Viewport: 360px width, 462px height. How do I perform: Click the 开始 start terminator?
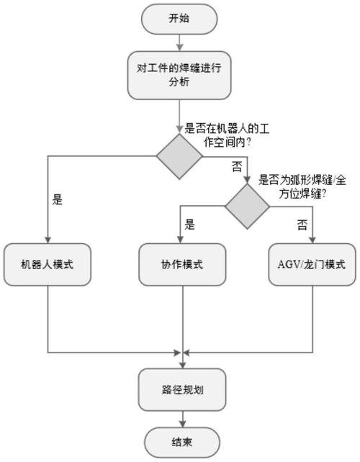tap(181, 19)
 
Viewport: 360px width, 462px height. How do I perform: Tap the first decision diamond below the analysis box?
tap(181, 155)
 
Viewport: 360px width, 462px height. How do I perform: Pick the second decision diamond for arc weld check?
tap(247, 206)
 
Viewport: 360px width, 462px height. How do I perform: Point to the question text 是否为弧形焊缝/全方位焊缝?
tap(292, 187)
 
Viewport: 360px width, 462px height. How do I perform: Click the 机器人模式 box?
tap(48, 264)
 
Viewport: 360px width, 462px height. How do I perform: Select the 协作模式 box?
tap(181, 264)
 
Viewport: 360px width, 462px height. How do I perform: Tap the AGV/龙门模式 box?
tap(312, 264)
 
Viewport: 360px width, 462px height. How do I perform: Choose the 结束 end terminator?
tap(181, 441)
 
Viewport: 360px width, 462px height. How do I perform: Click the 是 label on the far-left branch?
tap(58, 201)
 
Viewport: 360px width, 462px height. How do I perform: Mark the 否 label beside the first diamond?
tap(236, 166)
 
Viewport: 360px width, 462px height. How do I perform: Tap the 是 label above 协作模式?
tap(190, 225)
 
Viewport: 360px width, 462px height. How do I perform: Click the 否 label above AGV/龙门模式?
tap(302, 225)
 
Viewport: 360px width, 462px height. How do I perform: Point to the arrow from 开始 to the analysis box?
tap(181, 42)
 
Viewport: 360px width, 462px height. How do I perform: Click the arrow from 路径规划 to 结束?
tap(181, 419)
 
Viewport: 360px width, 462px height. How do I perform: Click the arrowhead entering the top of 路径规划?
tap(181, 366)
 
